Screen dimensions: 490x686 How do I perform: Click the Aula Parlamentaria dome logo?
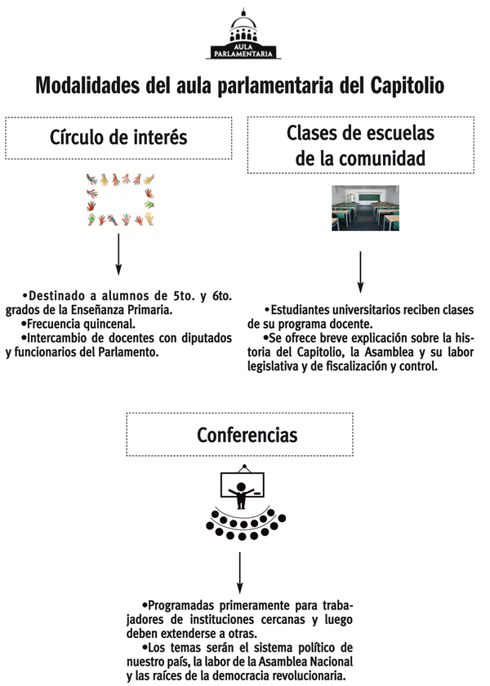click(x=243, y=33)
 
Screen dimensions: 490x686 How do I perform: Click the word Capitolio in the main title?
click(x=408, y=85)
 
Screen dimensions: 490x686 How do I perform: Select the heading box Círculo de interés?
click(x=118, y=137)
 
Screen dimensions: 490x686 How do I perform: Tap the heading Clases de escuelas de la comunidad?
click(x=360, y=145)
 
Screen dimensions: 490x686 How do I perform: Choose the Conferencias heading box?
click(x=239, y=435)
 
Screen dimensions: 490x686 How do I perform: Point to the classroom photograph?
click(x=365, y=208)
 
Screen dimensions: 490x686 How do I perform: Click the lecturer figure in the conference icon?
click(x=240, y=495)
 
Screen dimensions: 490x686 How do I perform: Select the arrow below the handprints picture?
click(x=118, y=254)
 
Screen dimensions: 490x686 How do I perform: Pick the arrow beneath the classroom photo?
click(x=360, y=272)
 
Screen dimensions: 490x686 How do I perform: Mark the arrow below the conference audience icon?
click(x=240, y=573)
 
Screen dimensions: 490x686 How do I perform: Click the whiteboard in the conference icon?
click(x=243, y=484)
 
